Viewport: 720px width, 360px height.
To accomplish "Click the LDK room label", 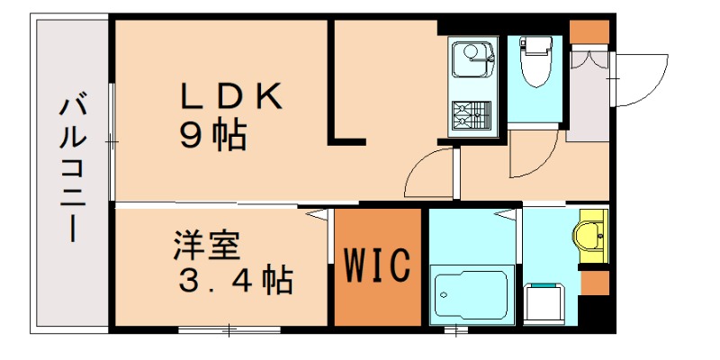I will coord(232,96).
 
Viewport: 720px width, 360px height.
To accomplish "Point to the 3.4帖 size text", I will coord(233,281).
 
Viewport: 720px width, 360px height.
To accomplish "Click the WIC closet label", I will coord(378,264).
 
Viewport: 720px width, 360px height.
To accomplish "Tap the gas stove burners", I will coord(471,114).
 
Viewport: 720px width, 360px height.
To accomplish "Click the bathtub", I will coord(471,293).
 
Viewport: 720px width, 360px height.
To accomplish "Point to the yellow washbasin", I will coord(593,236).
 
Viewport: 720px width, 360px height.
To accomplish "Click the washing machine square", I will coord(545,301).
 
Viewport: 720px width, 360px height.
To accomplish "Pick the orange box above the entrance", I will coord(589,30).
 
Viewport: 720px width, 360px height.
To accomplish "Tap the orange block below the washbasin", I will coord(594,283).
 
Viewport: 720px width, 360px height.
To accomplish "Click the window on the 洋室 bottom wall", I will coord(229,330).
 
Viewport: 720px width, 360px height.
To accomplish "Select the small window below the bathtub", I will coord(457,330).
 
